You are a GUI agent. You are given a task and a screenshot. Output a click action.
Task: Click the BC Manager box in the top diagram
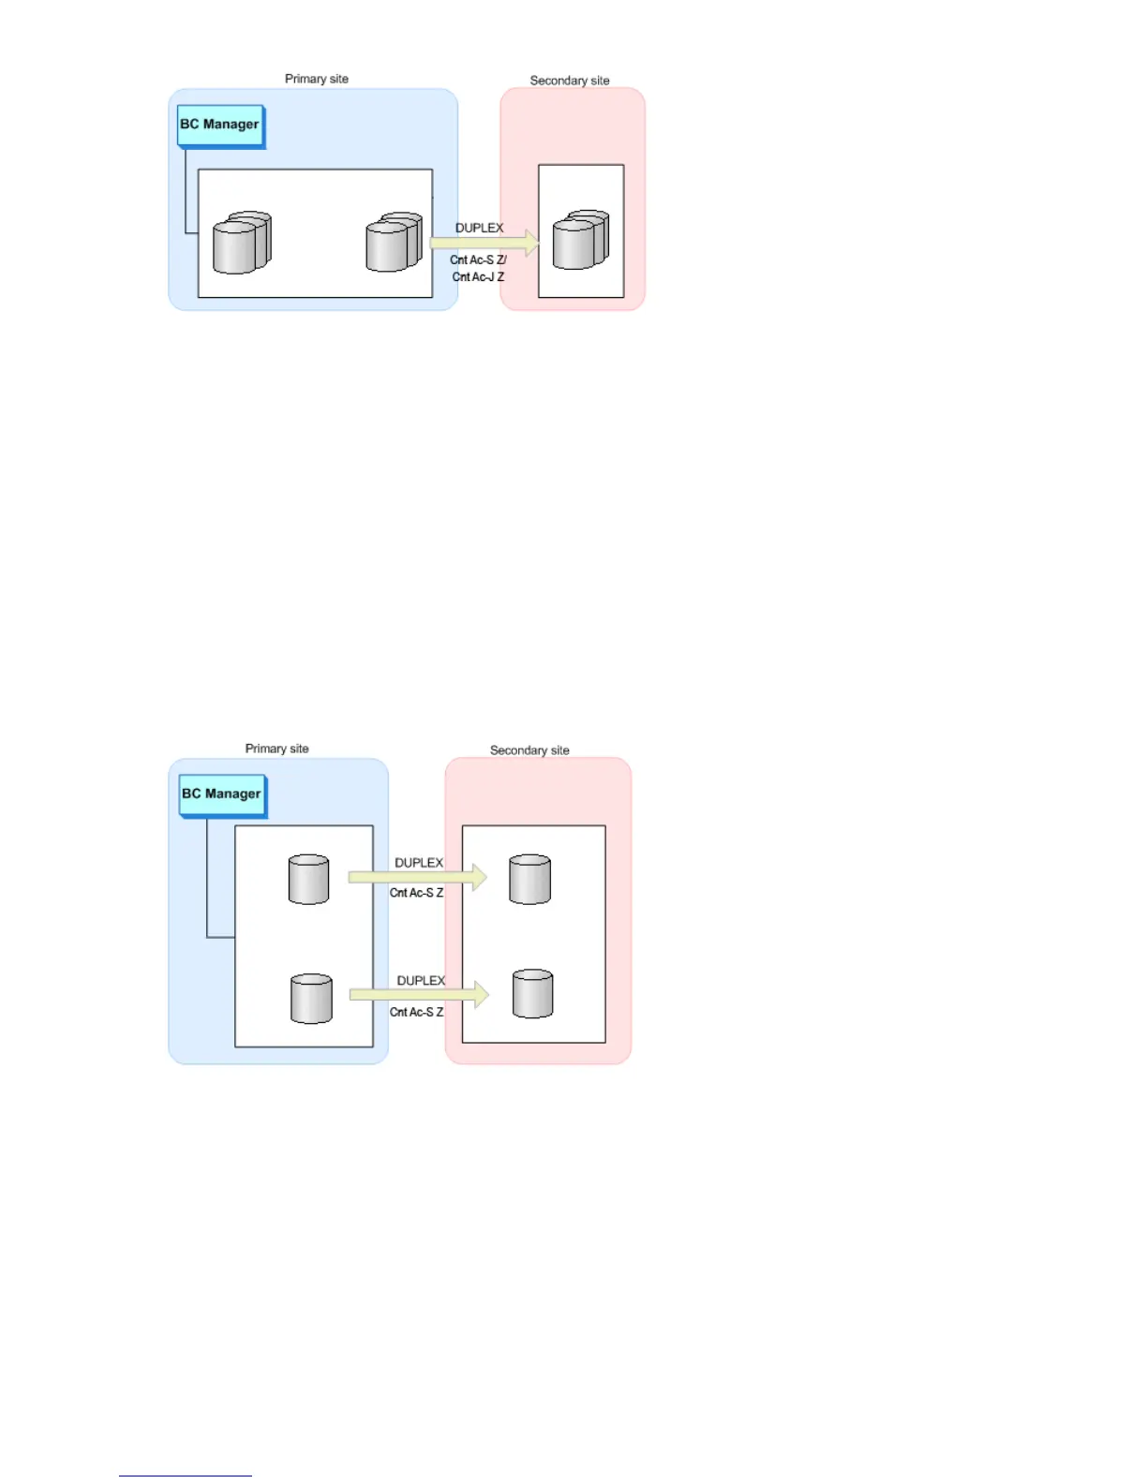point(220,126)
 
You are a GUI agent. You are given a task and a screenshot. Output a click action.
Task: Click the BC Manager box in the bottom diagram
point(222,795)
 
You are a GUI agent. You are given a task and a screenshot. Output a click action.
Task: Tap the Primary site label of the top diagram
point(317,79)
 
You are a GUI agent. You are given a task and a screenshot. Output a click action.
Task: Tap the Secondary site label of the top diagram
point(570,81)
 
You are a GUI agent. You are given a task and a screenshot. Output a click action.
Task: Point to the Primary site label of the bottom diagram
point(276,749)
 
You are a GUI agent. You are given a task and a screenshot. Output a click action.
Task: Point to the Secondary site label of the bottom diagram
point(529,750)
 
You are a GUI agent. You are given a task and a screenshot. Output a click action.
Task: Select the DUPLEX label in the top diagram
point(479,228)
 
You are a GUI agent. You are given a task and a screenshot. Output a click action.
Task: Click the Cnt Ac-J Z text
point(478,277)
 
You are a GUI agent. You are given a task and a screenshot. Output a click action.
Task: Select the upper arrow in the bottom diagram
point(417,878)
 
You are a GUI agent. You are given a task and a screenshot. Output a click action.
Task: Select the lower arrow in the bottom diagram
point(419,995)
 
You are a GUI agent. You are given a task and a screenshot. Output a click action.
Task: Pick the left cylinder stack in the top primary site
point(242,243)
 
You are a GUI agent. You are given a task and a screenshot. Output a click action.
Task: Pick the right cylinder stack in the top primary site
point(394,243)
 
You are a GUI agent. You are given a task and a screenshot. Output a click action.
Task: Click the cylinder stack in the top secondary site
point(580,240)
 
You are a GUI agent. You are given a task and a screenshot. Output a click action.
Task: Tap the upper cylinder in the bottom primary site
point(308,879)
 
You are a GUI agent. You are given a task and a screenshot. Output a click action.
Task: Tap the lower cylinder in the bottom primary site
point(311,999)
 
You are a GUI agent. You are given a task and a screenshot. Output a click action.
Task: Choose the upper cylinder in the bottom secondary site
point(529,879)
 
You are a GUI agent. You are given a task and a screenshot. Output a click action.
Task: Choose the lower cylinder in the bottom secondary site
point(532,994)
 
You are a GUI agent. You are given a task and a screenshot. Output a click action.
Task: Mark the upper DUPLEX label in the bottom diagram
point(418,863)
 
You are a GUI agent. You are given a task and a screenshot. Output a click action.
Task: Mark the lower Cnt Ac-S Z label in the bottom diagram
point(416,1012)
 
